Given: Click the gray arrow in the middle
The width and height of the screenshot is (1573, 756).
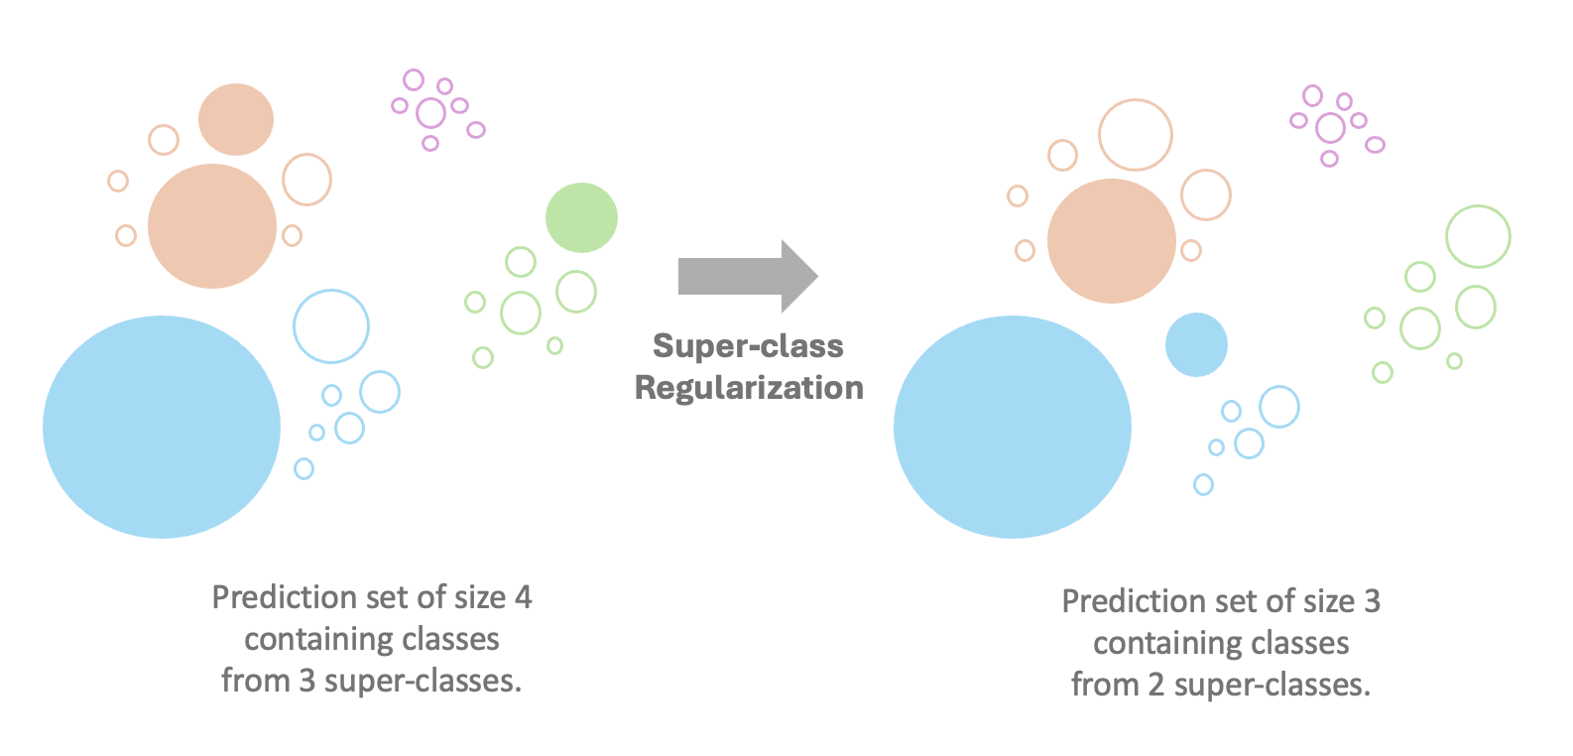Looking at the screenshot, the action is coord(748,276).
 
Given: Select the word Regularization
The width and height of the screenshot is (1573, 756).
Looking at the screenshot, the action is coord(749,388).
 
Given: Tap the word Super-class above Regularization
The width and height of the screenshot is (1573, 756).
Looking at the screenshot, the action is coord(748,345).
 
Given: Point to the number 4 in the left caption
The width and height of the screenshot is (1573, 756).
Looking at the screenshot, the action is coord(523,598).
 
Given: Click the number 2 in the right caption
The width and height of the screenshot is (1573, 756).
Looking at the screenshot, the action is coord(1155,685).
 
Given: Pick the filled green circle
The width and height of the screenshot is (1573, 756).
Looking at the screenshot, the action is coord(581,218).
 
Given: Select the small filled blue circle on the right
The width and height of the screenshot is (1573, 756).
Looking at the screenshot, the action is coord(1196,345).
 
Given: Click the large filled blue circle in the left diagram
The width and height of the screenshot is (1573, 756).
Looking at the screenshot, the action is coord(162,428).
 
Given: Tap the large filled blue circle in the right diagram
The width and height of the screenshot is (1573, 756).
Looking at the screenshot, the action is coord(1013,428).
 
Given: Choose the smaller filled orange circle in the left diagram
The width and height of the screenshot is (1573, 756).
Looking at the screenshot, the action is coord(236,119).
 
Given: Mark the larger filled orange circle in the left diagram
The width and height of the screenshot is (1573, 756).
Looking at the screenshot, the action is coord(212,226).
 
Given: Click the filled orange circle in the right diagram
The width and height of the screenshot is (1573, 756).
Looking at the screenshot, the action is coord(1112,241).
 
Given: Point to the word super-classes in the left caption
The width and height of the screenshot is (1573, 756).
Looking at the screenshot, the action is coord(423,682).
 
